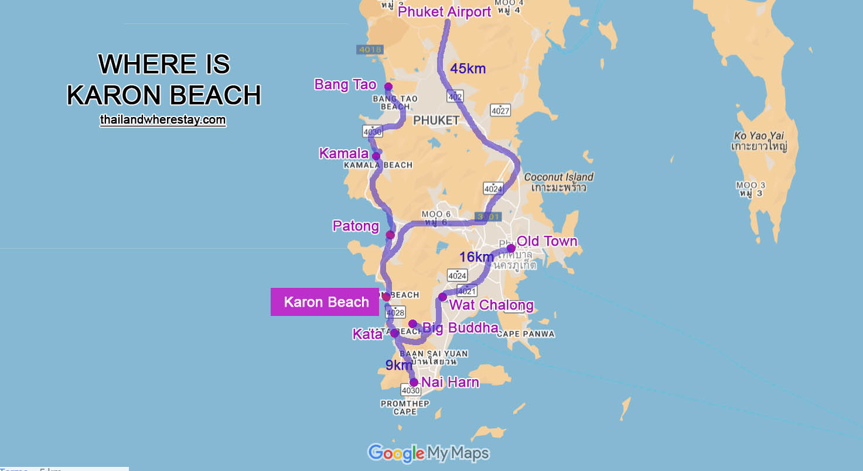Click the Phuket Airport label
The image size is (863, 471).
click(444, 12)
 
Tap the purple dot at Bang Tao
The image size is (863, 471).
click(388, 87)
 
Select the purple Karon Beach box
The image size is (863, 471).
click(326, 302)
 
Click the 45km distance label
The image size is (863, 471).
click(468, 69)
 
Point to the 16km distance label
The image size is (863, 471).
click(476, 257)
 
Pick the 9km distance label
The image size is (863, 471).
click(399, 366)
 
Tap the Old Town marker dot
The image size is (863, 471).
click(511, 248)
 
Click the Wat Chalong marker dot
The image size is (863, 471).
click(442, 297)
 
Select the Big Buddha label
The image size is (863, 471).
click(460, 328)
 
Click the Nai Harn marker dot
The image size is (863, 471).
click(414, 383)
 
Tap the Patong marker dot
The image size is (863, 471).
click(390, 235)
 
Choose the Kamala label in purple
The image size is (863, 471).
click(343, 154)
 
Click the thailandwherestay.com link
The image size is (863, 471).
click(163, 120)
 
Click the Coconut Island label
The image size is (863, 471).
click(558, 177)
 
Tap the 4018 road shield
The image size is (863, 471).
click(370, 50)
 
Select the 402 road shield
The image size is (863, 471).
click(455, 96)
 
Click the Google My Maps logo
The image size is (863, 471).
click(428, 453)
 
